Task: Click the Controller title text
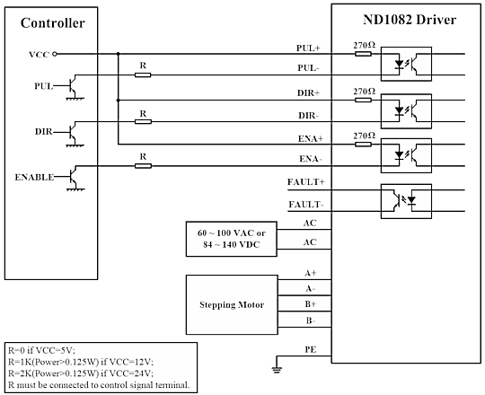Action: point(53,23)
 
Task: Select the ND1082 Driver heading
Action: point(410,20)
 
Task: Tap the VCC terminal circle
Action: point(55,54)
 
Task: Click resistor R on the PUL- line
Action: point(143,75)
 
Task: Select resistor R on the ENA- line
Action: point(143,166)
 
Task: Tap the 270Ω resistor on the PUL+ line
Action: point(363,54)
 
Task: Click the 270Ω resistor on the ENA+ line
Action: point(363,144)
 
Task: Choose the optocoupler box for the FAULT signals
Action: point(406,201)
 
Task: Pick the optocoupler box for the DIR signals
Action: point(406,111)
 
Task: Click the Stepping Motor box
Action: point(232,304)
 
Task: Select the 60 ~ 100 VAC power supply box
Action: point(232,239)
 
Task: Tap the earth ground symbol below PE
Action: point(277,370)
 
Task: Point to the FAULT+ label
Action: point(306,182)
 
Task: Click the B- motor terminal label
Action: point(311,320)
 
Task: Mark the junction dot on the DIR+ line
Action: point(118,101)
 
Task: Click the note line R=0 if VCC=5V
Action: point(41,350)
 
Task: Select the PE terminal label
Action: point(311,349)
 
